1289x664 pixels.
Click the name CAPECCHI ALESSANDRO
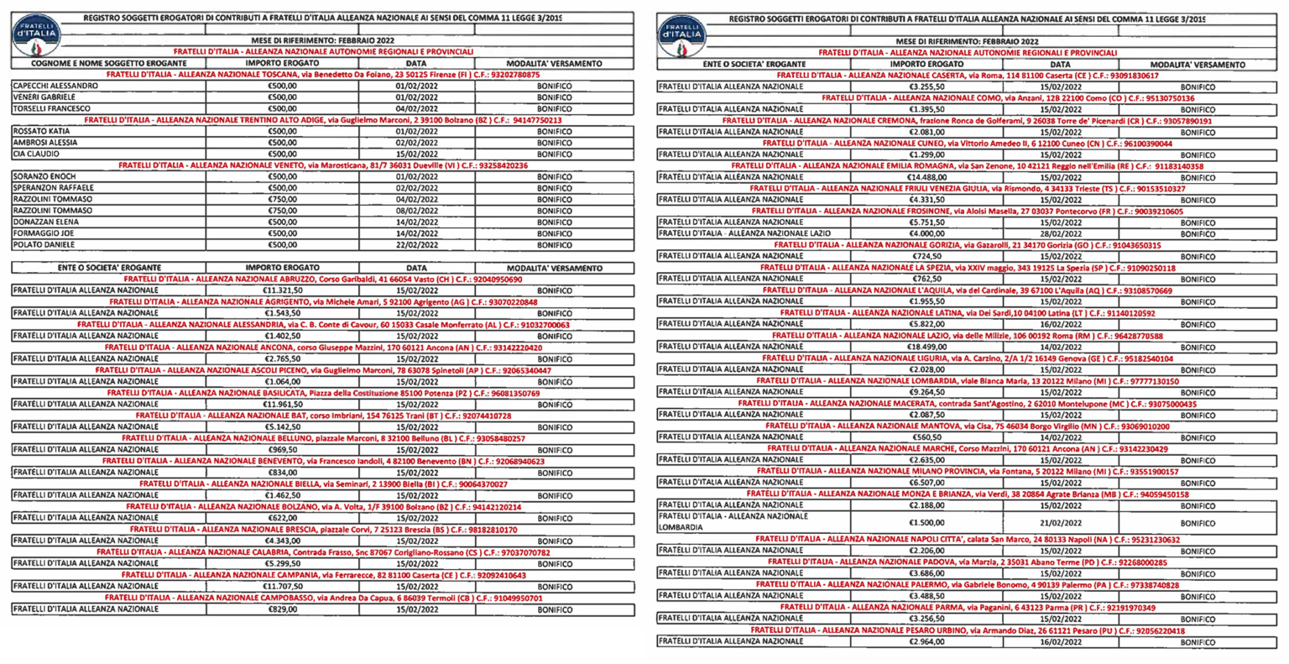(55, 86)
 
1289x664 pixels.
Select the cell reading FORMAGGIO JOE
(43, 233)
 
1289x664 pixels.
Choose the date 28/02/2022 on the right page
(1061, 233)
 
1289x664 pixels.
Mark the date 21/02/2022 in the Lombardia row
(1061, 522)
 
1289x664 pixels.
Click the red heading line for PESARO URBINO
(968, 630)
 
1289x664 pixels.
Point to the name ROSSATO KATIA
(41, 131)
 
